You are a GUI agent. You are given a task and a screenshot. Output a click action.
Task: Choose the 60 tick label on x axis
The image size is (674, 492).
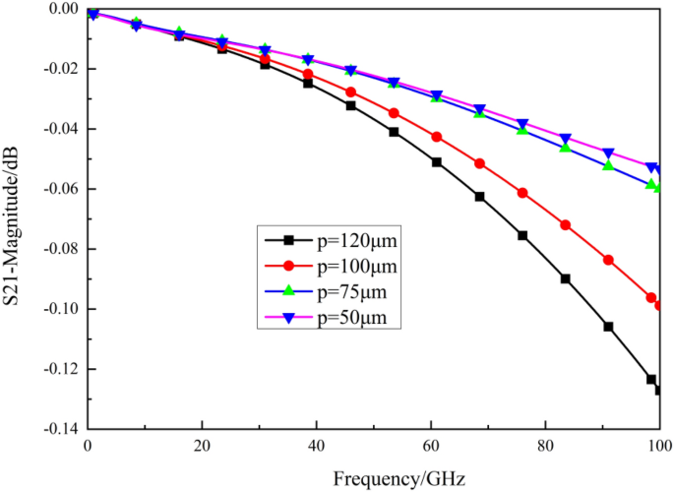click(x=430, y=445)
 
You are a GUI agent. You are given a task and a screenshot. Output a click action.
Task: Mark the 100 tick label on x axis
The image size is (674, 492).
click(x=657, y=445)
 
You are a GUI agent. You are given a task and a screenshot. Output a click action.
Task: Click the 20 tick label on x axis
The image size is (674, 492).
click(x=202, y=445)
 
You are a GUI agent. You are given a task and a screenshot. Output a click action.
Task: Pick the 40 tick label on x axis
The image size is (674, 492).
click(x=316, y=445)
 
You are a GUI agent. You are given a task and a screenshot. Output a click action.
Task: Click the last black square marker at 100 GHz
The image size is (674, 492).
click(x=658, y=390)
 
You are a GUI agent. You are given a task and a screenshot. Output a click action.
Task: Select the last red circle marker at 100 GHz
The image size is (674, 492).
click(x=658, y=305)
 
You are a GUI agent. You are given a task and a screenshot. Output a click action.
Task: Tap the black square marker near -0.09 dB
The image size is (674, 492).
click(x=566, y=278)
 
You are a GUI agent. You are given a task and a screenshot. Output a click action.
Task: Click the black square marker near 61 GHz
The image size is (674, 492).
click(x=437, y=161)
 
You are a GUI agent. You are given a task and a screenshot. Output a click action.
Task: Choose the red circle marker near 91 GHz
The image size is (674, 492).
click(x=608, y=260)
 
